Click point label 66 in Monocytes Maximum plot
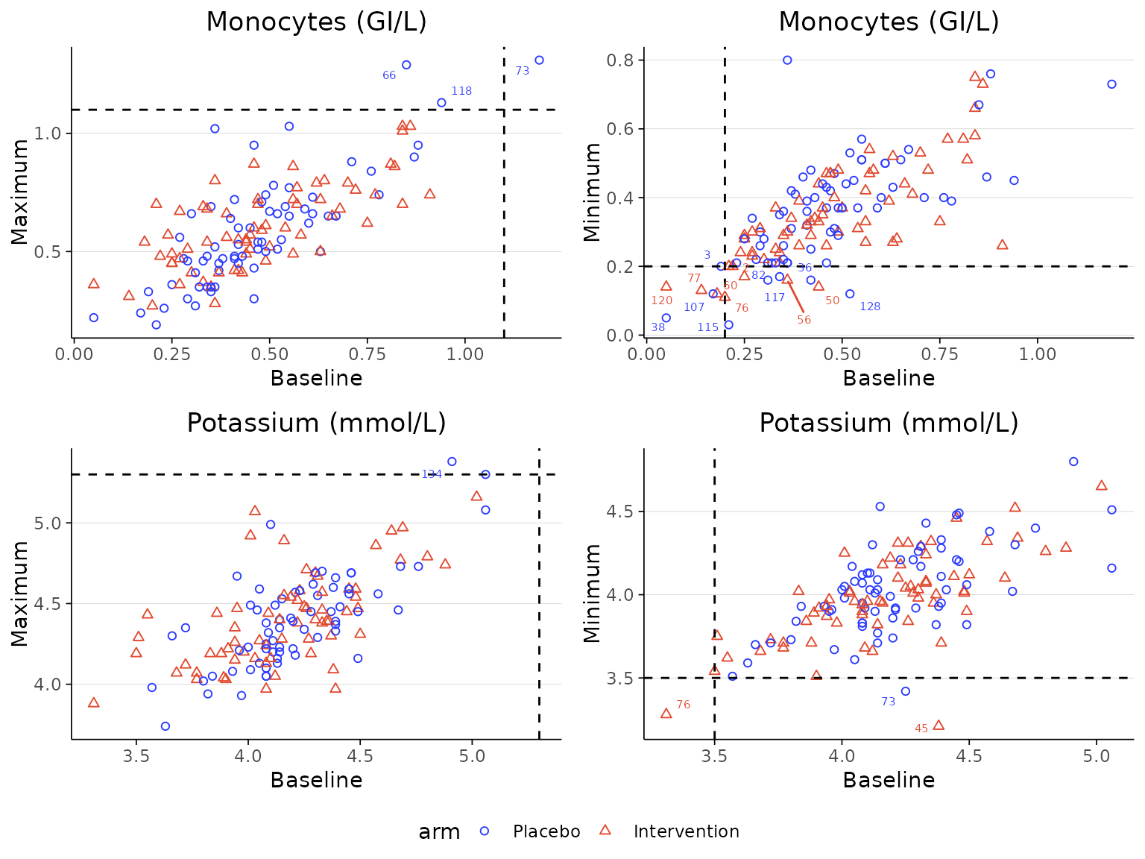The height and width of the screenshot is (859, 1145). tap(389, 75)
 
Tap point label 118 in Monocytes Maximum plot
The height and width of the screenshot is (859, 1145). tap(461, 91)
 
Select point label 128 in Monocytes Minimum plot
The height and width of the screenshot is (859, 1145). tap(870, 306)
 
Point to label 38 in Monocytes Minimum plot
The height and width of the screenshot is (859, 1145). tap(657, 327)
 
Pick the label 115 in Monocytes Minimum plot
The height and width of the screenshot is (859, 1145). tap(708, 327)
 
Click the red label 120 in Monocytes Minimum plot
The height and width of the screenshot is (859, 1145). tap(662, 301)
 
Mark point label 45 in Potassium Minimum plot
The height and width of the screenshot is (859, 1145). tap(921, 729)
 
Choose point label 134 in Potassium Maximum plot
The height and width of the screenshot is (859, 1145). tap(432, 474)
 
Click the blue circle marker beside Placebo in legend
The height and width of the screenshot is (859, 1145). tap(485, 831)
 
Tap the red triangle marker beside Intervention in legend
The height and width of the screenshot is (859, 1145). tap(605, 830)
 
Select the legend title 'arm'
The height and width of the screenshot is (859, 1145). tap(439, 832)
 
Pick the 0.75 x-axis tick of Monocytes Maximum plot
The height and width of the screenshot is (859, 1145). tap(367, 353)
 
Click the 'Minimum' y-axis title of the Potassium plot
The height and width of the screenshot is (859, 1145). tap(592, 594)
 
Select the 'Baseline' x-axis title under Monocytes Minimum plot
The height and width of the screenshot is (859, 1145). tap(889, 378)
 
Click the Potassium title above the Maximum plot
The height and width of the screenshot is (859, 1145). tap(316, 423)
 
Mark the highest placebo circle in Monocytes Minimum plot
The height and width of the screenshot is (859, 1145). tap(787, 60)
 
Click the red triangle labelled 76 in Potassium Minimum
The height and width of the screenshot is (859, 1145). tap(666, 714)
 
